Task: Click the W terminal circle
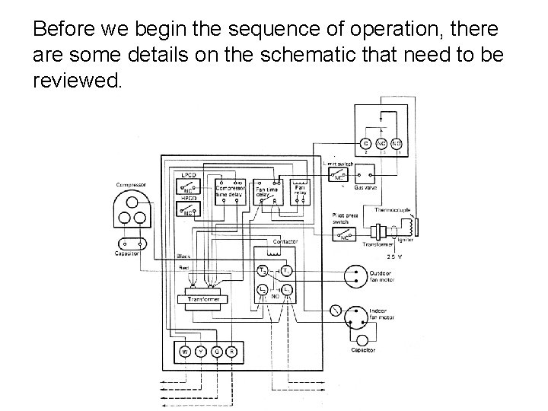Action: click(185, 351)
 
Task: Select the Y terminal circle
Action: click(200, 351)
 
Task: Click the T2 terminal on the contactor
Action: click(262, 271)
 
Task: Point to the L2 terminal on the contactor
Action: click(262, 290)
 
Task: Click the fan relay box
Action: click(299, 189)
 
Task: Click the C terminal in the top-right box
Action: click(366, 144)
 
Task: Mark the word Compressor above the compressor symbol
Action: click(131, 183)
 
